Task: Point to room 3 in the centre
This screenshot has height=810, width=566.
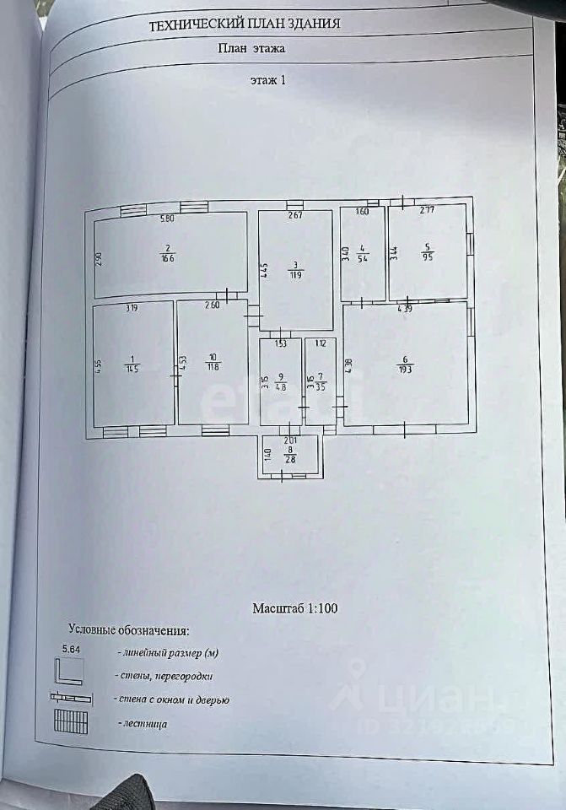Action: [296, 271]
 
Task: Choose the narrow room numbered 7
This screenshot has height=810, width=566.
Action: [321, 383]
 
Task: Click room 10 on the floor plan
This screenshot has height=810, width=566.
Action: [213, 363]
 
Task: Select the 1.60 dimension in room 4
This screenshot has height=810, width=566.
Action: [363, 211]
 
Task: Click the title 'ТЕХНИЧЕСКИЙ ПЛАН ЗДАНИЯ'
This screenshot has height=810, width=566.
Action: [245, 24]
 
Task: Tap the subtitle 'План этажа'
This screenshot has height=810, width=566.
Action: [251, 48]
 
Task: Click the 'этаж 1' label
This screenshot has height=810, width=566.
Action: [268, 81]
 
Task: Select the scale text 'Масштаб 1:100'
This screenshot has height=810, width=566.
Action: [295, 607]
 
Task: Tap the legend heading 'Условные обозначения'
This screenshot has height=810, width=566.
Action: [128, 630]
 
